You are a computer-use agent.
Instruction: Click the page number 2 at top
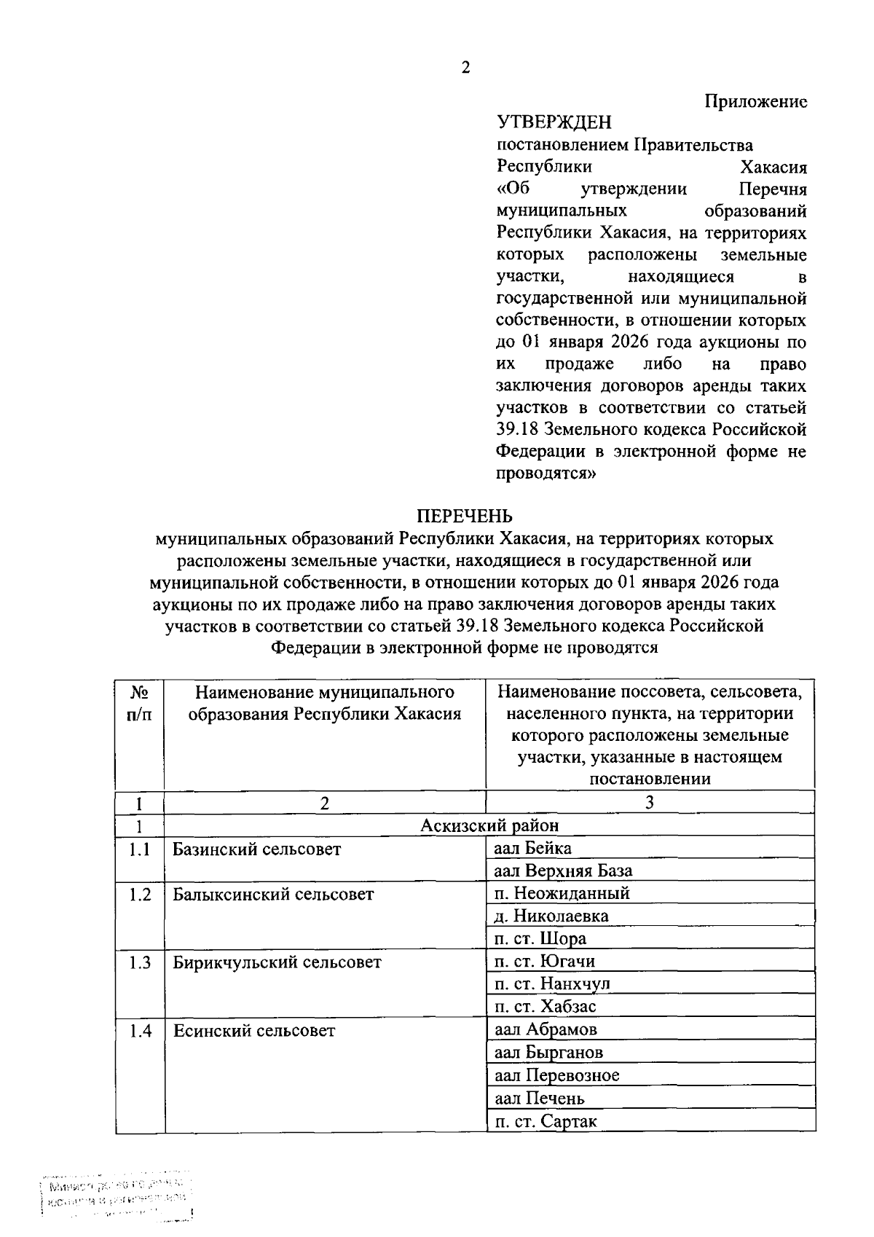(465, 68)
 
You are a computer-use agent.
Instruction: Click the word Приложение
(756, 101)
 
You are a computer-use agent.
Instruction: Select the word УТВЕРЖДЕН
(554, 122)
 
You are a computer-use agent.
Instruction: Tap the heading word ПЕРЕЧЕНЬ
(465, 516)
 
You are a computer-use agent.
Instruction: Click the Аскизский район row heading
(489, 825)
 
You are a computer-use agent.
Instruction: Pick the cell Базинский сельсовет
(256, 849)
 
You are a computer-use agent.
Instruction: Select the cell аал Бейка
(532, 848)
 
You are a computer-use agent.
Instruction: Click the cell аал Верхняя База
(563, 871)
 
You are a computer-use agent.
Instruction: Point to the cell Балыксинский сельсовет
(273, 894)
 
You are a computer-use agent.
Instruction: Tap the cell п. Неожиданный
(562, 893)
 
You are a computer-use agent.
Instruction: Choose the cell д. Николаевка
(551, 916)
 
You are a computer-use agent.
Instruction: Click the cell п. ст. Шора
(540, 938)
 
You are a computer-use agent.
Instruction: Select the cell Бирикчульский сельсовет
(277, 962)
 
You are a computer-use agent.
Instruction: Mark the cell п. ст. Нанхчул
(552, 983)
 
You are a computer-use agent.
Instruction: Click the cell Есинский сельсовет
(253, 1030)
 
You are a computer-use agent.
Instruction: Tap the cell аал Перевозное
(556, 1075)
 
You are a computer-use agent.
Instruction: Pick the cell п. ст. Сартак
(546, 1121)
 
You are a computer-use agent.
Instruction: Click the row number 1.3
(140, 962)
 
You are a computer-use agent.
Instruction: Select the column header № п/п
(139, 703)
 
